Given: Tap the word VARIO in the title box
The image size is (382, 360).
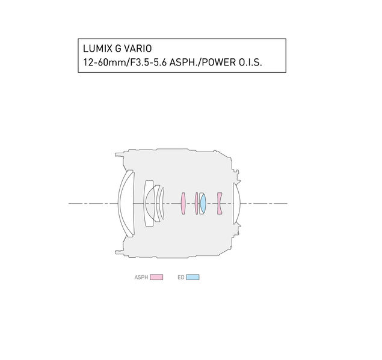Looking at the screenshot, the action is click(x=138, y=49).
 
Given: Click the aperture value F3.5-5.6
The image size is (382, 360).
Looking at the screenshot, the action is click(x=149, y=63).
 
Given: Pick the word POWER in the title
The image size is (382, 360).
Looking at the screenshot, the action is click(x=219, y=63).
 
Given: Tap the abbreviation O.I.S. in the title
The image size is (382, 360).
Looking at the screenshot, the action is click(x=250, y=63).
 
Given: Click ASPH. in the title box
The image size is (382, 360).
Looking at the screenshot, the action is click(x=184, y=63).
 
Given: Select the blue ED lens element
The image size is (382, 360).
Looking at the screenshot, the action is click(x=203, y=204).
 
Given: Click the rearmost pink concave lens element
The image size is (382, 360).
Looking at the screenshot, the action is click(x=220, y=204).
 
